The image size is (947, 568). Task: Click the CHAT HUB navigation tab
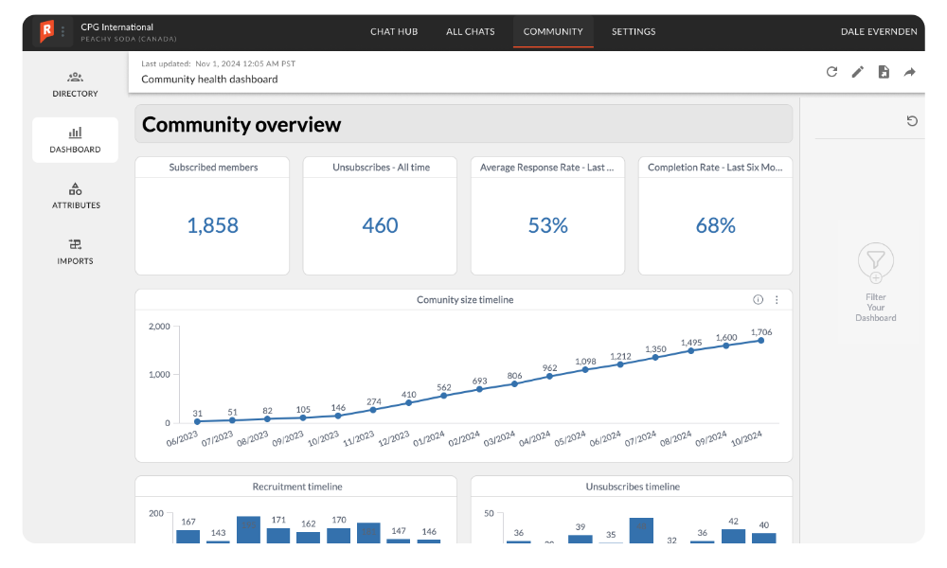[x=393, y=31]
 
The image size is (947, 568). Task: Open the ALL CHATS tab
[x=470, y=31]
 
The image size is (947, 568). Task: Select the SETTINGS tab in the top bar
[x=633, y=31]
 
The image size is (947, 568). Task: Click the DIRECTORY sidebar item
[x=75, y=83]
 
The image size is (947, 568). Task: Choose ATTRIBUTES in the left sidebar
[x=76, y=195]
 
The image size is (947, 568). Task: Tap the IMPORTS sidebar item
[x=75, y=251]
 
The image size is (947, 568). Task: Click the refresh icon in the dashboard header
[x=831, y=72]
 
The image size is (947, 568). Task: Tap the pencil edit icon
[x=857, y=72]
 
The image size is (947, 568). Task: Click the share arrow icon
[x=909, y=72]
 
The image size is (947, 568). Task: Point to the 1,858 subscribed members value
[x=212, y=225]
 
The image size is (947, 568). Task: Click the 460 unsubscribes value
[x=380, y=225]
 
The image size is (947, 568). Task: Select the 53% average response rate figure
[x=547, y=225]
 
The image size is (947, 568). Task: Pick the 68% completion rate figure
[x=715, y=225]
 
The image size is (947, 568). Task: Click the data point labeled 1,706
[x=760, y=340]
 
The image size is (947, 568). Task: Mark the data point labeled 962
[x=549, y=376]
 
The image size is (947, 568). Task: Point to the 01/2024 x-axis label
[x=429, y=441]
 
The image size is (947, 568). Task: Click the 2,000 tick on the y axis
[x=158, y=327]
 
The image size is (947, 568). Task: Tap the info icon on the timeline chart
[x=758, y=300]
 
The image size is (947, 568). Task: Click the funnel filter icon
[x=875, y=260]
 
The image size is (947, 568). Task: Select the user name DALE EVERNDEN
[x=878, y=31]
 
